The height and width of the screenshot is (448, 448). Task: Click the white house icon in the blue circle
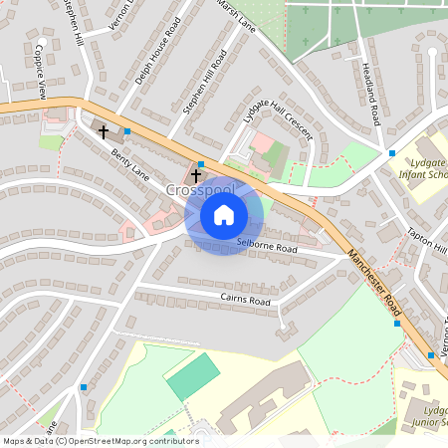(224, 214)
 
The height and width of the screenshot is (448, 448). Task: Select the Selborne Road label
(267, 247)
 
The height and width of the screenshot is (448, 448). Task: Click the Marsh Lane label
(236, 15)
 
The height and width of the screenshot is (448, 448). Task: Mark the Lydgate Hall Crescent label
(277, 130)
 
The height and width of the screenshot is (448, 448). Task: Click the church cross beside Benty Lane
(103, 131)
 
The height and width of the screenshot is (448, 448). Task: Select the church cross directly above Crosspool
(195, 175)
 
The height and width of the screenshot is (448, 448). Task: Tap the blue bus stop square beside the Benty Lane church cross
(127, 131)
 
